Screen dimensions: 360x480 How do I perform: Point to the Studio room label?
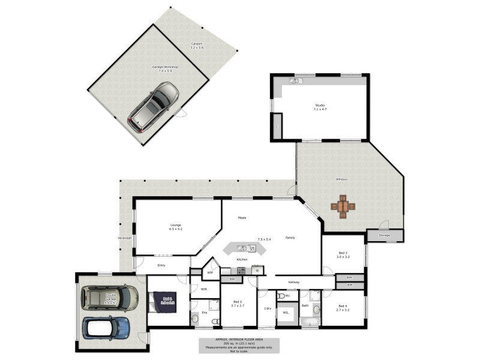coord(320,106)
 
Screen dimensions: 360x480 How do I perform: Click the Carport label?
coord(197,44)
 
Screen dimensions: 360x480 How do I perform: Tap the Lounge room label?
coord(175,226)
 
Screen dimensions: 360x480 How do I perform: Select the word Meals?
coord(242,218)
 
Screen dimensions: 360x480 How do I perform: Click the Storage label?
coord(385,235)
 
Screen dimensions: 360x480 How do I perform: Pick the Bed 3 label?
coord(343,254)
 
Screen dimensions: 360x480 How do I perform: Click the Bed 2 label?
coord(237,302)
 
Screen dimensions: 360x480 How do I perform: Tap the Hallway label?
coord(294,282)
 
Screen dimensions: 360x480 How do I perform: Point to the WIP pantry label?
coord(210,273)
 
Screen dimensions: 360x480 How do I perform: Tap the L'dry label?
coord(268,308)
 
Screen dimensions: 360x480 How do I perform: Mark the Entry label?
coord(161,265)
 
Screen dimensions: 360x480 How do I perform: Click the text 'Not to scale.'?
coord(239,350)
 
